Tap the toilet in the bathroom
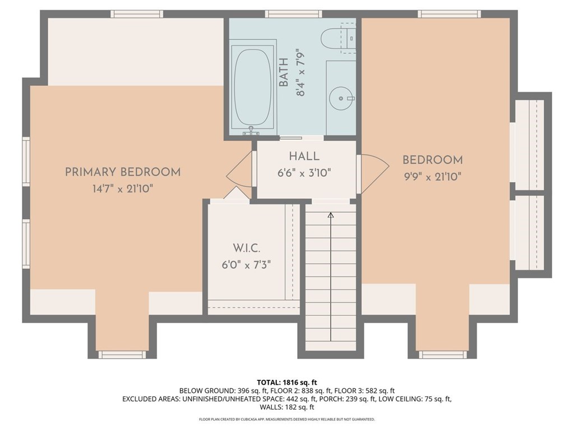335,38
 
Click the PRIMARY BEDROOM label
123,172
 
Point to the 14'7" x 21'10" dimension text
123,189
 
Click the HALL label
304,157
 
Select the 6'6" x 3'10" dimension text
304,173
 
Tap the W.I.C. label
246,248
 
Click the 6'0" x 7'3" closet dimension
246,264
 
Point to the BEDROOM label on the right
432,161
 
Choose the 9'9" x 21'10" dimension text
432,177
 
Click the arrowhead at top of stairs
330,214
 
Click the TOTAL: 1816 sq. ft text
287,382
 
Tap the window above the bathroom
293,14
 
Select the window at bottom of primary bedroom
122,355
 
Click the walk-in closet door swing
237,194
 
